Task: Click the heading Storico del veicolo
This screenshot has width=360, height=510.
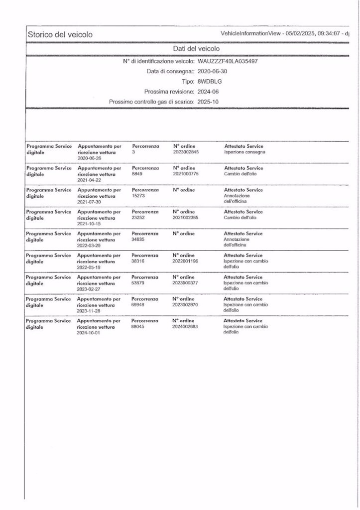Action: pyautogui.click(x=60, y=34)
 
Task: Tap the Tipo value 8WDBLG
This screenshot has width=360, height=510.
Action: pyautogui.click(x=209, y=81)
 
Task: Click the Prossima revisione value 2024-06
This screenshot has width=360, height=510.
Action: pyautogui.click(x=208, y=92)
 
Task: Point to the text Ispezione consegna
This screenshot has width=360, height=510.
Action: pyautogui.click(x=244, y=152)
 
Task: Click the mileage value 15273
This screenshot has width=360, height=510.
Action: pyautogui.click(x=138, y=196)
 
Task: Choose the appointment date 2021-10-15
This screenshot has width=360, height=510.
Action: pyautogui.click(x=90, y=223)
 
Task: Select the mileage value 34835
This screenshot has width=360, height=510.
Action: pyautogui.click(x=138, y=240)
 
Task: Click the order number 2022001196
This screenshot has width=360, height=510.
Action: pyautogui.click(x=186, y=261)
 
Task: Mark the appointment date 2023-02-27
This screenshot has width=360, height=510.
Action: pyautogui.click(x=90, y=288)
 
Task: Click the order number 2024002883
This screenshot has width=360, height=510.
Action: pyautogui.click(x=186, y=326)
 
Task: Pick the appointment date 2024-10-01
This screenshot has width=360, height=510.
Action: pyautogui.click(x=90, y=332)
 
